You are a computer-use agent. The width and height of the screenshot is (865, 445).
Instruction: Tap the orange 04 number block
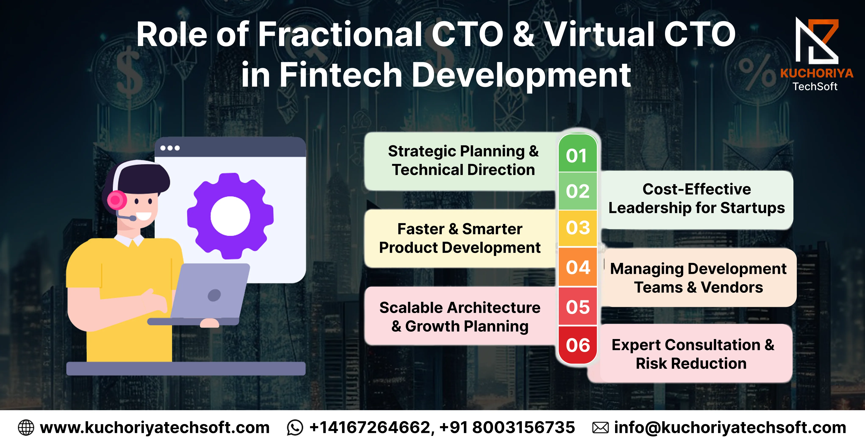coord(578,267)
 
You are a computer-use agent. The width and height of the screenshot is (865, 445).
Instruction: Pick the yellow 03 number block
coord(578,228)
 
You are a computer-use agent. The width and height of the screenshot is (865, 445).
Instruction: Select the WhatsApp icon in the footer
coord(295,428)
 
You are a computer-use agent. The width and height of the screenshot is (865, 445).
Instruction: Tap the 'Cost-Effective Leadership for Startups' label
coord(697,199)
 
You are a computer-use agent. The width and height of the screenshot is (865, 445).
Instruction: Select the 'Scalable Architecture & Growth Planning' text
coord(460,317)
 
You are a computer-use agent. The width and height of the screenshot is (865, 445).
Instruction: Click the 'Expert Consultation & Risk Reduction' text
coord(693,354)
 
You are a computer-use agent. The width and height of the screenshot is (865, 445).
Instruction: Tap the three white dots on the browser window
coord(170,148)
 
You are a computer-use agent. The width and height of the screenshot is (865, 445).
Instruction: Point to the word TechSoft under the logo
coord(815,87)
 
